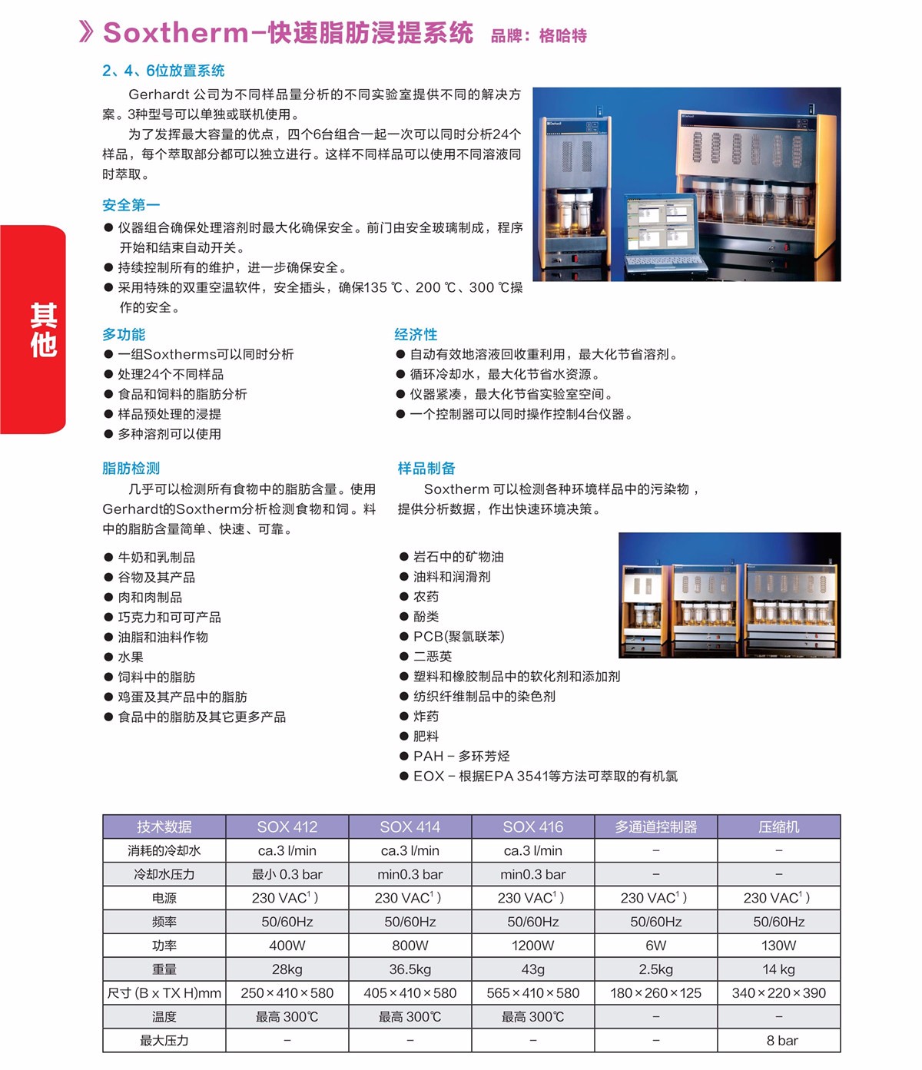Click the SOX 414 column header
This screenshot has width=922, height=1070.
click(410, 827)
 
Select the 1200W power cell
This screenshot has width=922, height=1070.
click(532, 946)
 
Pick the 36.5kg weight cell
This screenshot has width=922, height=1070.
click(410, 969)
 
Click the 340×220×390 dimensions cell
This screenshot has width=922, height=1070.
click(778, 993)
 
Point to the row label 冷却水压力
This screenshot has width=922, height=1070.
click(164, 875)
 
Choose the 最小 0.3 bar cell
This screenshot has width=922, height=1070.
click(287, 875)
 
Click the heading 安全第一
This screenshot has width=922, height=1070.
click(131, 205)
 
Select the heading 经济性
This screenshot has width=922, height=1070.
click(416, 334)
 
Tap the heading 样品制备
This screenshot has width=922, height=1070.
click(426, 469)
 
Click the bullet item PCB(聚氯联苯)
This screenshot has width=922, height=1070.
click(458, 637)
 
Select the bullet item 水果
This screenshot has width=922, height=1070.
click(130, 658)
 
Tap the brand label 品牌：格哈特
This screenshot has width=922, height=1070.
click(539, 35)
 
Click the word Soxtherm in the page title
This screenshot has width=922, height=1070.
click(176, 33)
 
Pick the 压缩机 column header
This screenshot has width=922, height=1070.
click(778, 827)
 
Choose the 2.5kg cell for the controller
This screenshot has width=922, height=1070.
click(655, 969)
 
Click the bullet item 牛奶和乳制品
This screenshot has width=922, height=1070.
click(156, 558)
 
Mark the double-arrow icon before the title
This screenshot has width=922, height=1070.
click(86, 31)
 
